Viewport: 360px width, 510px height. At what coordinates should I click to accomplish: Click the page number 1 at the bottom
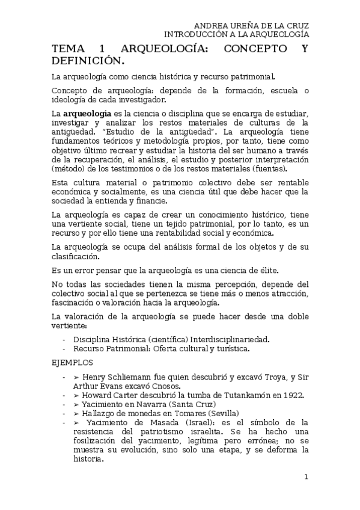(306, 478)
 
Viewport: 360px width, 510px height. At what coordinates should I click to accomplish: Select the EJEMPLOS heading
(72, 363)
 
